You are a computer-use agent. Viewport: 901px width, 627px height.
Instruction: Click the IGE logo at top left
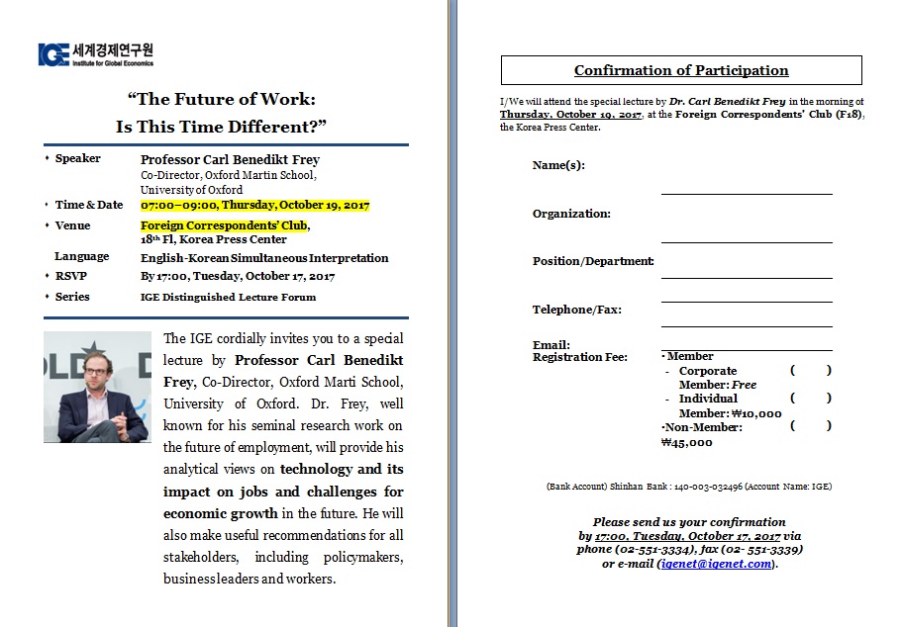click(95, 54)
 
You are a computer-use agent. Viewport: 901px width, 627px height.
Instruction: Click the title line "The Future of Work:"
click(221, 99)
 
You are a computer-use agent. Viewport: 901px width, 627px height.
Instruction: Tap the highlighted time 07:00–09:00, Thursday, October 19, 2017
click(254, 206)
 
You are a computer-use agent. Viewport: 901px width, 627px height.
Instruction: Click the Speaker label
click(78, 158)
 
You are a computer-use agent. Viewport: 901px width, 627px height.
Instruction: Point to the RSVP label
click(72, 277)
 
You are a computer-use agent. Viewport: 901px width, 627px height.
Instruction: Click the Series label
click(73, 297)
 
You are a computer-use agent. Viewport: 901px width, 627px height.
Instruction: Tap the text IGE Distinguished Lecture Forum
click(229, 297)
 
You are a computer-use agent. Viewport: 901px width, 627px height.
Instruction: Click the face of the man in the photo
click(98, 375)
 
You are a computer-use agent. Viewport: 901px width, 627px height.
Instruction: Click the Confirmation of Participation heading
click(681, 70)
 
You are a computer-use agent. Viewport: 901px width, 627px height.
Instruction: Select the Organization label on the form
click(571, 214)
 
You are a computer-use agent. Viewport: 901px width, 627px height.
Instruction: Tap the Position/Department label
click(593, 261)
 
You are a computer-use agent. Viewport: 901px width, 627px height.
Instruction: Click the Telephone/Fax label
click(577, 310)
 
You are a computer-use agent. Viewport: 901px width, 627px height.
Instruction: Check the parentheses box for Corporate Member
click(811, 371)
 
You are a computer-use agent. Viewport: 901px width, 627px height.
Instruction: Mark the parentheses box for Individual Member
click(811, 399)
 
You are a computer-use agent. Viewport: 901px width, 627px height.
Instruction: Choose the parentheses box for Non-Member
click(811, 426)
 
